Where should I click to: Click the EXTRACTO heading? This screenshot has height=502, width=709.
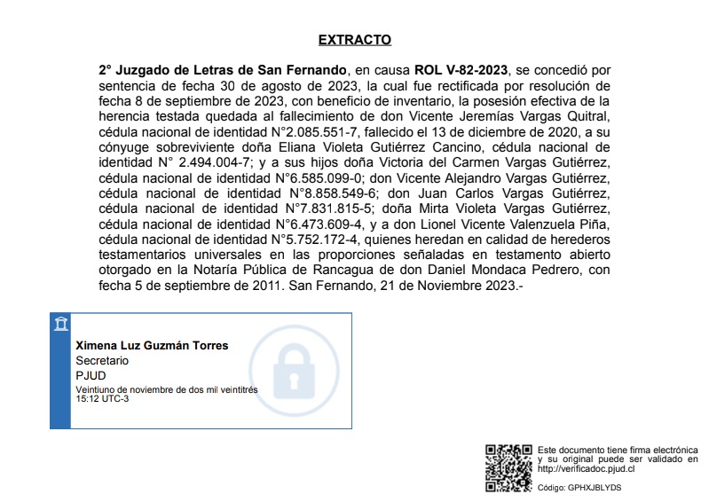pyautogui.click(x=354, y=40)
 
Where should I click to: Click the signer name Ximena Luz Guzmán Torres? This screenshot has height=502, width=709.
pyautogui.click(x=152, y=346)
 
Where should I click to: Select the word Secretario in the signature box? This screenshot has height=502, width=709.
pyautogui.click(x=102, y=361)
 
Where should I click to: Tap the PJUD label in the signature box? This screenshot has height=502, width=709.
pyautogui.click(x=91, y=375)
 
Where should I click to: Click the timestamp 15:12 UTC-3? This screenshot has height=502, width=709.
pyautogui.click(x=102, y=399)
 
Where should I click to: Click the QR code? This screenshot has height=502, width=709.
pyautogui.click(x=508, y=468)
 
